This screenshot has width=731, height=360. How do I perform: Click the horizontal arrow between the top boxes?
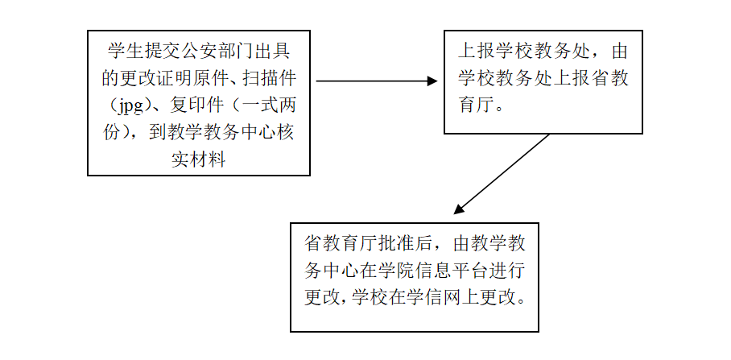tap(377, 81)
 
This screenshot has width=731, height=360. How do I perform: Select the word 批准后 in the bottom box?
tap(407, 243)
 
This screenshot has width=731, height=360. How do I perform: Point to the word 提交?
tap(159, 51)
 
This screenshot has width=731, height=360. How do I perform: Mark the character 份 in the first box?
tap(112, 133)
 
